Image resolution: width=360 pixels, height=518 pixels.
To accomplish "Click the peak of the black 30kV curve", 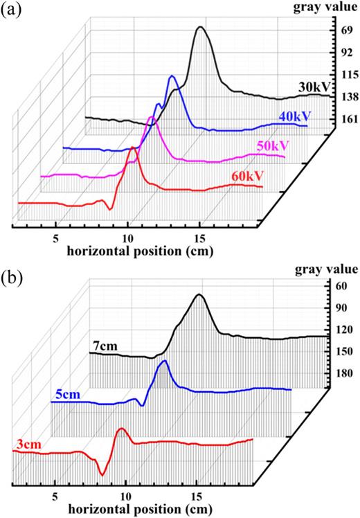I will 201,27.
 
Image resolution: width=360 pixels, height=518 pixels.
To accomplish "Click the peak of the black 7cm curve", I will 200,295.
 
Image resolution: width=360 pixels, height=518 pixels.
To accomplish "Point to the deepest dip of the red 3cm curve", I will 102,474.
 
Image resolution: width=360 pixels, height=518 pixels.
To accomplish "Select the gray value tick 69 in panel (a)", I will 343,33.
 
